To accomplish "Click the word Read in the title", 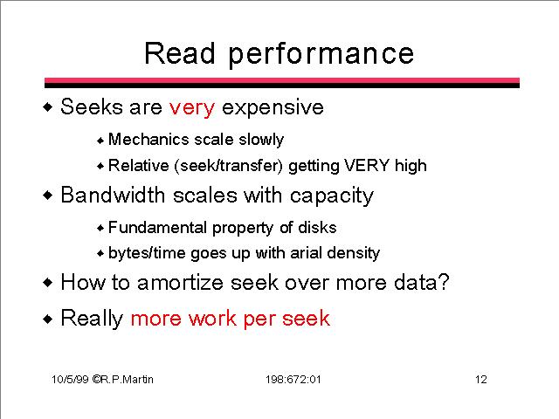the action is [180, 53].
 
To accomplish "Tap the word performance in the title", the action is [321, 55].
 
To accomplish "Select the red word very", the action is [192, 107].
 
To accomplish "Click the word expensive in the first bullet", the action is [273, 108].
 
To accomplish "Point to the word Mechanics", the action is [148, 139].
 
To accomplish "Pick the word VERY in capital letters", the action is [367, 165].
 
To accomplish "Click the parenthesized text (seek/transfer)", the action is [229, 166].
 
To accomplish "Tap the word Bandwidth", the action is [113, 195].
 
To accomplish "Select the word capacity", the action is [332, 196].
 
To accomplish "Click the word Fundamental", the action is [157, 227].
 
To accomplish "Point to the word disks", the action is [317, 227].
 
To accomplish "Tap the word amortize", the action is [180, 283].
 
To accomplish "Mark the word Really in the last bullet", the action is [92, 319].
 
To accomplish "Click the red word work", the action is [212, 318].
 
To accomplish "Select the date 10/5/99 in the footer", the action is [70, 380].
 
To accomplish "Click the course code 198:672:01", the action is [293, 380].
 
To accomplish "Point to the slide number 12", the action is [481, 380].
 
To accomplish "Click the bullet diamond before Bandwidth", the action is [47, 196].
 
